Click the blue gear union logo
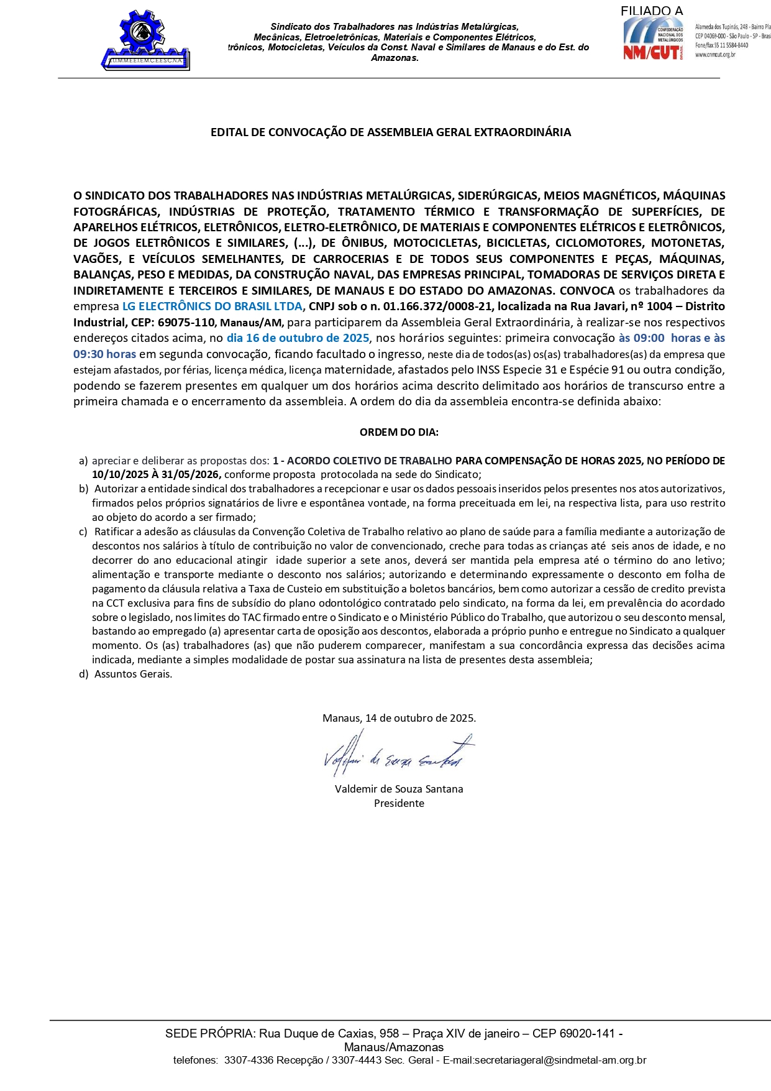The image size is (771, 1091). coord(145,39)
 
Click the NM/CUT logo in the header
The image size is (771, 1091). coord(652,39)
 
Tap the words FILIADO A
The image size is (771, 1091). coord(651,11)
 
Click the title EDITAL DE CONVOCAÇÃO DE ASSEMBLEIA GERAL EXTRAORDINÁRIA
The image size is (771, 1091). coord(390,132)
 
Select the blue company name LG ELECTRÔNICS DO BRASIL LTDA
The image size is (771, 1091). coord(212,306)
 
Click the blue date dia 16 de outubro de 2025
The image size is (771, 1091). coord(298,338)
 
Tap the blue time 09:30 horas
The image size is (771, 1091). coord(105,354)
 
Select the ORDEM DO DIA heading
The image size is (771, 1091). coord(399,432)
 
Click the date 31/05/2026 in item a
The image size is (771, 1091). coord(192,474)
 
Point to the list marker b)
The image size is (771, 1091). coord(83,489)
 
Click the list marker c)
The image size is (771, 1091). coord(83,532)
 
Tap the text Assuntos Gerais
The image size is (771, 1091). coord(133,674)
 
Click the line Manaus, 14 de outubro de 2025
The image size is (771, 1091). coord(399,718)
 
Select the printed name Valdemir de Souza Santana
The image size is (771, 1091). coord(399,789)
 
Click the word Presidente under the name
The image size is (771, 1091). coord(399,803)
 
